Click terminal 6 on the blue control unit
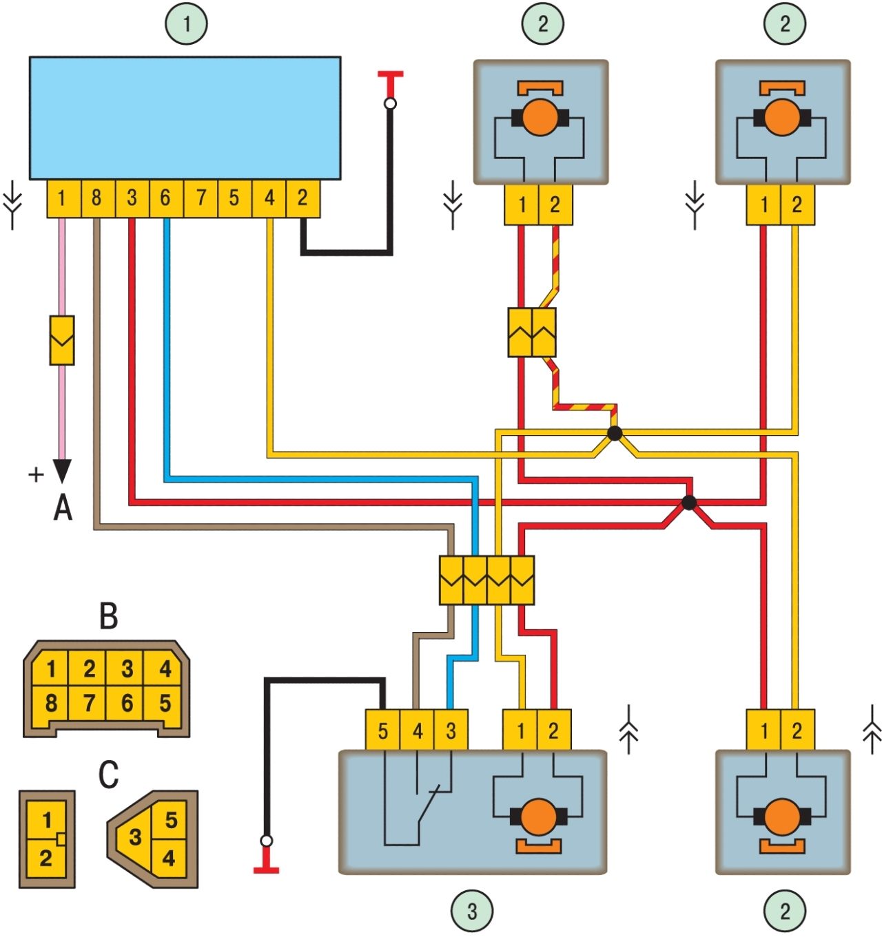165,198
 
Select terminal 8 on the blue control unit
96,198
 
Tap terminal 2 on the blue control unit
302,198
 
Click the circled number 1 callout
186,23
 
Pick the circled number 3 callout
472,912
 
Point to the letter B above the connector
109,616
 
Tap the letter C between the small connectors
109,774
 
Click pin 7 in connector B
89,704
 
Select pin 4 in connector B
165,668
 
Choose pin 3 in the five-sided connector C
135,837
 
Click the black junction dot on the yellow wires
615,434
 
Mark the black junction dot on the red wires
688,503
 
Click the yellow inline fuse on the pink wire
62,340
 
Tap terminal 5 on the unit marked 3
382,730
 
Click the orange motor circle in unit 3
538,818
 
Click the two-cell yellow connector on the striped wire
532,333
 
